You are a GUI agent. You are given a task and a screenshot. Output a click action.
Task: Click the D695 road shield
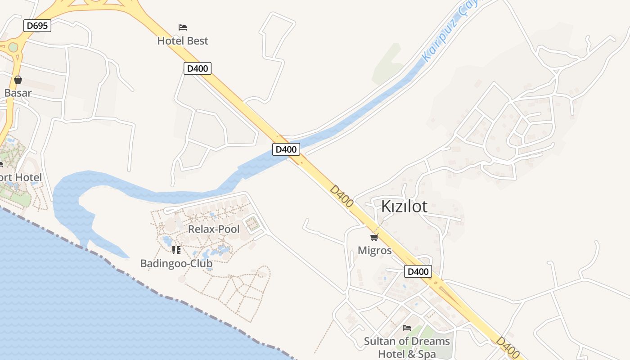coord(37,26)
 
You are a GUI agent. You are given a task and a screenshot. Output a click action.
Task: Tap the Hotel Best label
coord(183,41)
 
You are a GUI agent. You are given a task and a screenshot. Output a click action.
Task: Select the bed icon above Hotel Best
coord(183,27)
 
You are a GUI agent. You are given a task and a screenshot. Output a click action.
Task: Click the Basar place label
coord(18,93)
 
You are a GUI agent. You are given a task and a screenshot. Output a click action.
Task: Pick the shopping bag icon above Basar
coord(18,80)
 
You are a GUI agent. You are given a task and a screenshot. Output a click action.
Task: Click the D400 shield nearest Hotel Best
coord(198,68)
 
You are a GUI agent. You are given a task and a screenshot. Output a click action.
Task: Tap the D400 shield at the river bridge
coord(286,149)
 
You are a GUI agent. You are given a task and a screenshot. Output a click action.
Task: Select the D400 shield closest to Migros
coord(418,271)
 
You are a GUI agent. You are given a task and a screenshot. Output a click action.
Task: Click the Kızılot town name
coord(404,207)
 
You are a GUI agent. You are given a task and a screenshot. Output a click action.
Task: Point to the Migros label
coord(375,250)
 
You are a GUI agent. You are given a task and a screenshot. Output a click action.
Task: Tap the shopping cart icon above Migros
coord(374,237)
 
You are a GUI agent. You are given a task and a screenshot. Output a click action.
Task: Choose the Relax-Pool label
coord(214,229)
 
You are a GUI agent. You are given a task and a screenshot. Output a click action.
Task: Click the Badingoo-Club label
coord(176,263)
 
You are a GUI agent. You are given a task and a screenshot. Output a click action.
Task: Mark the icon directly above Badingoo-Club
coord(176,250)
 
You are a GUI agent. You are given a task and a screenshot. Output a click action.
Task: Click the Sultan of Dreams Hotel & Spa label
coord(407,347)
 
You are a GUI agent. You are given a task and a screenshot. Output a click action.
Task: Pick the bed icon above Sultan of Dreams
coord(407,328)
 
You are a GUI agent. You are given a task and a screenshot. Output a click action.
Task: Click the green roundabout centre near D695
coord(13,47)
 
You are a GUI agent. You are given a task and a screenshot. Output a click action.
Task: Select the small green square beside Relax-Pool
coord(253,223)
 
